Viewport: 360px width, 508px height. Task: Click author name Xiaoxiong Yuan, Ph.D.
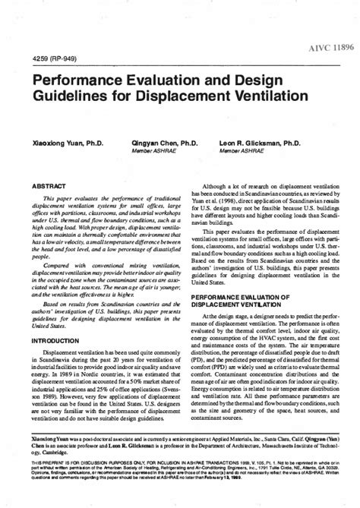pos(65,142)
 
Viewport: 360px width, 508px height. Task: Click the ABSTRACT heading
pos(48,185)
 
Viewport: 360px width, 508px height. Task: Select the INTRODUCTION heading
pos(55,341)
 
